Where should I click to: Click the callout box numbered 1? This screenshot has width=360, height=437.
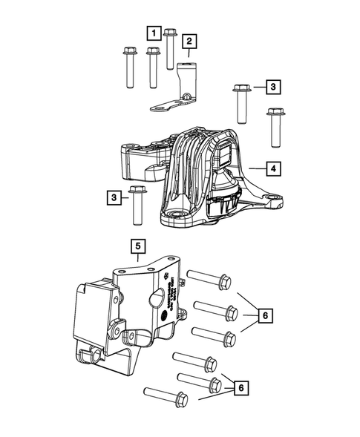pyautogui.click(x=152, y=32)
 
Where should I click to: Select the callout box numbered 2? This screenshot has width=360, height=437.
pyautogui.click(x=189, y=41)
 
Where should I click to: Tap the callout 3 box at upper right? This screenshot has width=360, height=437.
pyautogui.click(x=273, y=88)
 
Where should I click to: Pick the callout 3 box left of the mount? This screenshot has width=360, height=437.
pyautogui.click(x=114, y=197)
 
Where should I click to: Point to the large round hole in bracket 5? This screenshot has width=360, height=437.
pyautogui.click(x=156, y=299)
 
